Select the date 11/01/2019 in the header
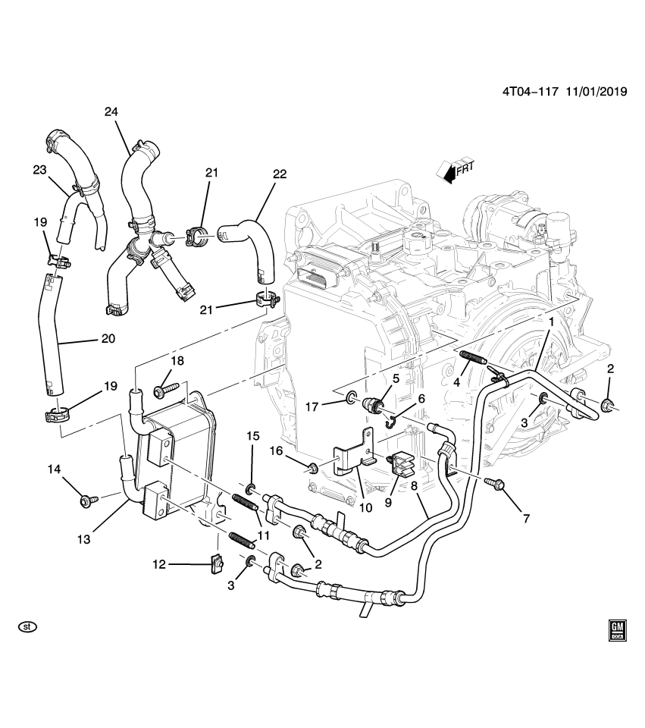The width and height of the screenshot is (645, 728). tap(593, 92)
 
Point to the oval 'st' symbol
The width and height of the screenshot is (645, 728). tap(28, 627)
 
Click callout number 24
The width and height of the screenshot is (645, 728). tap(111, 112)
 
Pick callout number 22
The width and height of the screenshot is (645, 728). tap(279, 174)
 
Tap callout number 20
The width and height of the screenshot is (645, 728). tap(108, 339)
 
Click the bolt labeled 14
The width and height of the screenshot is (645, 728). tap(85, 500)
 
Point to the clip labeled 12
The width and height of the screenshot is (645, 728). tap(217, 563)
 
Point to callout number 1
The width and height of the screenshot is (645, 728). tap(551, 322)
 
